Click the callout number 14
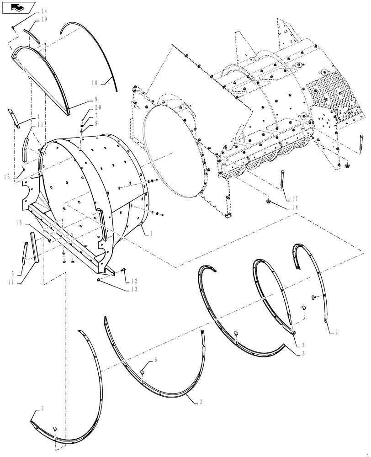(43, 11)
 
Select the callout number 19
(43, 19)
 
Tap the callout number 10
(94, 83)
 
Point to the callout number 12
(134, 281)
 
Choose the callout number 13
(134, 289)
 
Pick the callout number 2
(336, 333)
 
